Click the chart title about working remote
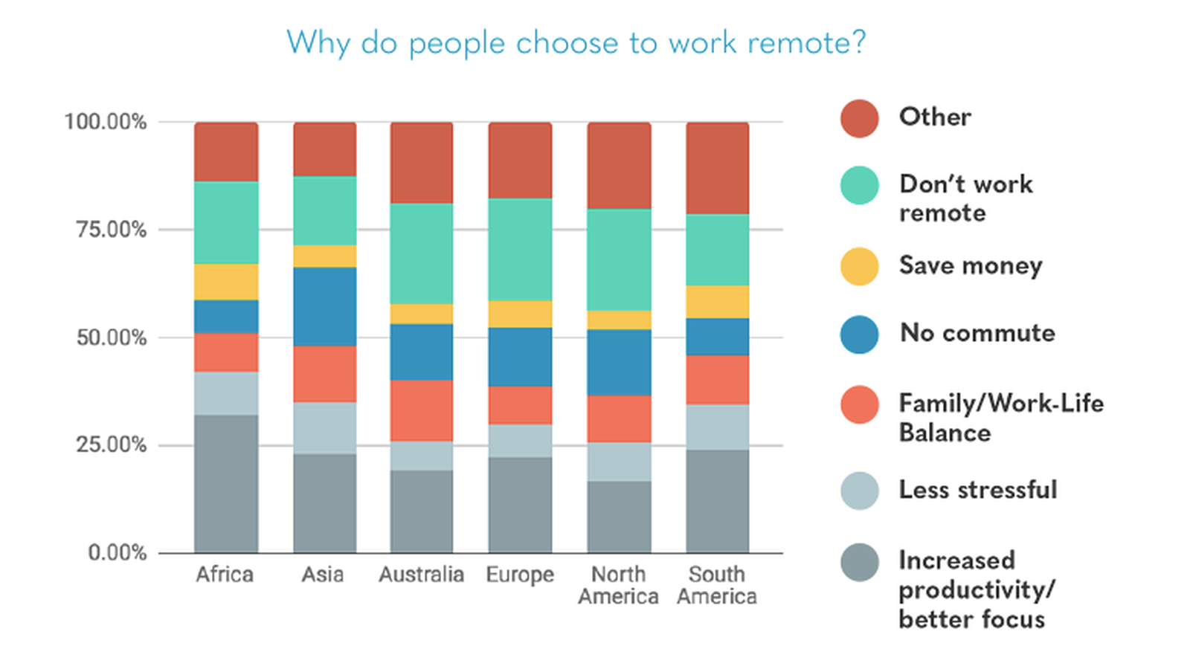[576, 43]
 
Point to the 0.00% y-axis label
[117, 553]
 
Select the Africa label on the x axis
[225, 575]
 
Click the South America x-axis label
[717, 586]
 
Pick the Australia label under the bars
[421, 575]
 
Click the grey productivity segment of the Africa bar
[226, 483]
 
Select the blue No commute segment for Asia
[324, 306]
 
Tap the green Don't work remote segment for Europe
[520, 249]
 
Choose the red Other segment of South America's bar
[717, 168]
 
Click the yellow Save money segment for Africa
[226, 282]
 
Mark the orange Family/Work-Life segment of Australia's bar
[422, 410]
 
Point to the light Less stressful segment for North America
[619, 462]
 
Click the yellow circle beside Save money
[860, 266]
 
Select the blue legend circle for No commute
[860, 334]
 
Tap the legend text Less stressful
[977, 490]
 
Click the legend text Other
[935, 117]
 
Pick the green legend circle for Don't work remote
[860, 185]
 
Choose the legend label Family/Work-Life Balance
[1000, 418]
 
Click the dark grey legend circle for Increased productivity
[860, 563]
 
